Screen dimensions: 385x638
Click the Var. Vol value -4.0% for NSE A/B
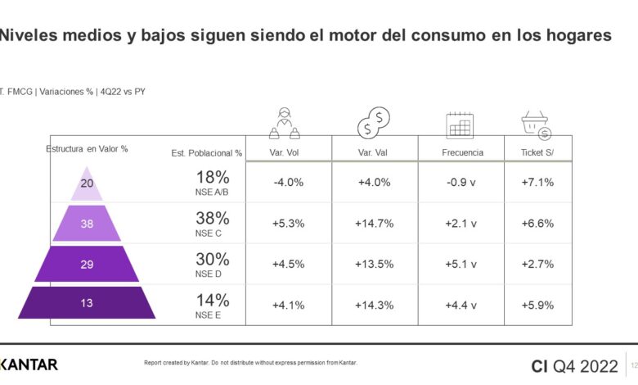(288, 183)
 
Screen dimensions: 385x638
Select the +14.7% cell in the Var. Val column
(375, 224)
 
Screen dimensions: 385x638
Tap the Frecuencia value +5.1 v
(462, 264)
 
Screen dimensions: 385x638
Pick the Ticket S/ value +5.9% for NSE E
(537, 305)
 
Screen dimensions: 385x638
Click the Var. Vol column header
(288, 152)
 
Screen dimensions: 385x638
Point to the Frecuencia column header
(462, 152)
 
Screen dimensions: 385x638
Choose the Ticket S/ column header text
(537, 152)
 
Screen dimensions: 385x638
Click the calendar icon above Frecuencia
(461, 125)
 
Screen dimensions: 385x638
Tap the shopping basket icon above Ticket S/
(537, 125)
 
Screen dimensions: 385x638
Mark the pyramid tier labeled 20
(87, 183)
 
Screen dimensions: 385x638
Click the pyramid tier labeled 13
(87, 303)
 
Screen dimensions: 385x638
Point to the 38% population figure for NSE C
(212, 218)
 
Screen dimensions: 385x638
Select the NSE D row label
(207, 274)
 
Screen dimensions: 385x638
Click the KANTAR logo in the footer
(29, 364)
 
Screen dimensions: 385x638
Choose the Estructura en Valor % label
(87, 149)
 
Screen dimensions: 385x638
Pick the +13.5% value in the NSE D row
(375, 264)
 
